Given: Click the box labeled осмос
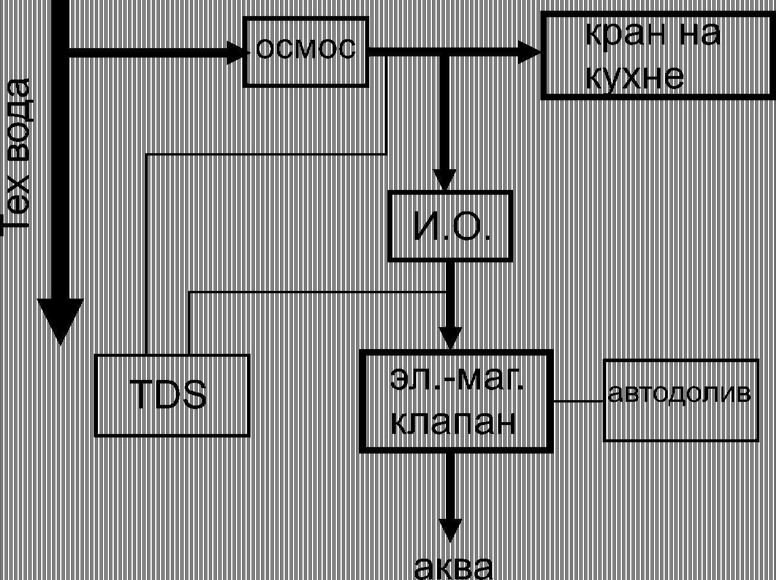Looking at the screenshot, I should [x=306, y=52].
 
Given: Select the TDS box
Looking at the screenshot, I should [x=172, y=395].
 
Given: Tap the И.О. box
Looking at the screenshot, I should [x=451, y=226].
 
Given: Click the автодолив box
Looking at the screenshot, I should [x=681, y=400].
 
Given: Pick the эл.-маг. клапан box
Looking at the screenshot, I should [x=457, y=401].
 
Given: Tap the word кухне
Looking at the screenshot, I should [x=634, y=77].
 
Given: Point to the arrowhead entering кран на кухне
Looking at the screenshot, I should [x=530, y=52].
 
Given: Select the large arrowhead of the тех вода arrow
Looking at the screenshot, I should [x=59, y=321].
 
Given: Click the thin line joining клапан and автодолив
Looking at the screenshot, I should [x=579, y=401].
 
